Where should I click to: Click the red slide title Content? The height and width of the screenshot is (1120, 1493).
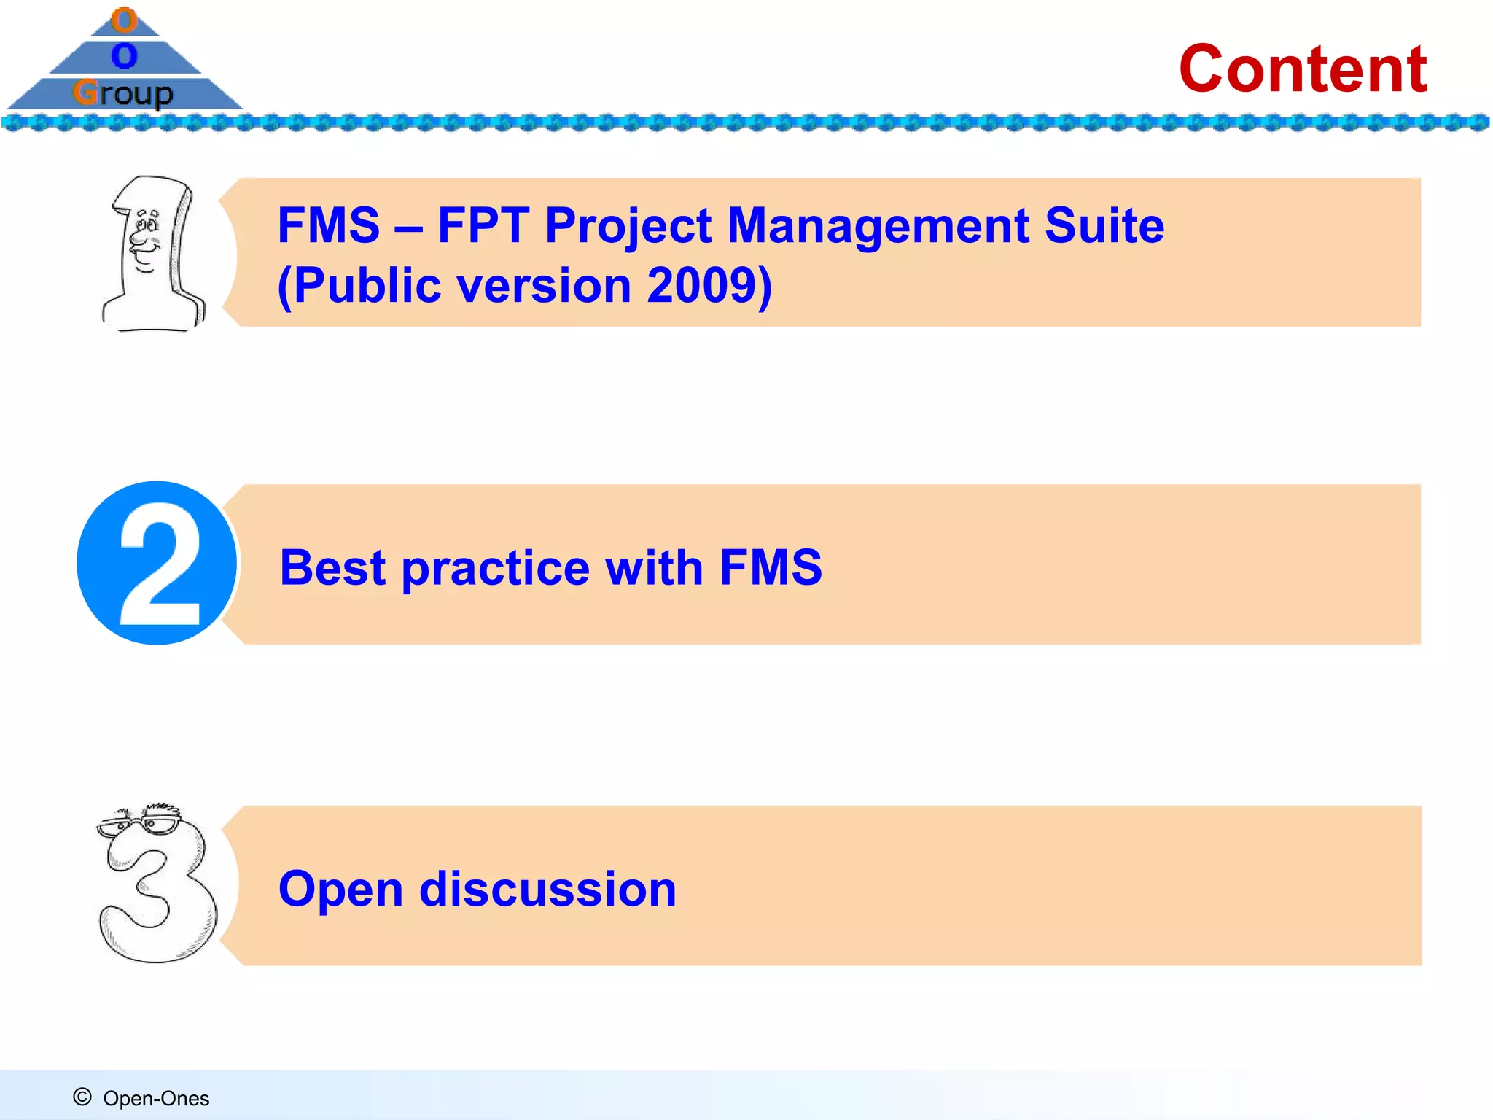point(1303,69)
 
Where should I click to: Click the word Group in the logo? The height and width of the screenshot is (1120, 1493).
point(123,93)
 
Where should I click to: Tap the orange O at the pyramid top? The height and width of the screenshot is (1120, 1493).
point(125,20)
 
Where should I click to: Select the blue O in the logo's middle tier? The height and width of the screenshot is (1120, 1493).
point(125,55)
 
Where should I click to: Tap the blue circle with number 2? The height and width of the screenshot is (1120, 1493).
point(157,563)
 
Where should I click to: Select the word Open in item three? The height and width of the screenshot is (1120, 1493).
point(340,890)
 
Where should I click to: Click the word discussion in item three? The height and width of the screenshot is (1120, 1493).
point(548,890)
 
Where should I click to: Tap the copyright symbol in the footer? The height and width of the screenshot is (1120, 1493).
point(82,1097)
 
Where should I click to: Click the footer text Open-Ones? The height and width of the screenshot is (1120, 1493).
point(156,1098)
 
